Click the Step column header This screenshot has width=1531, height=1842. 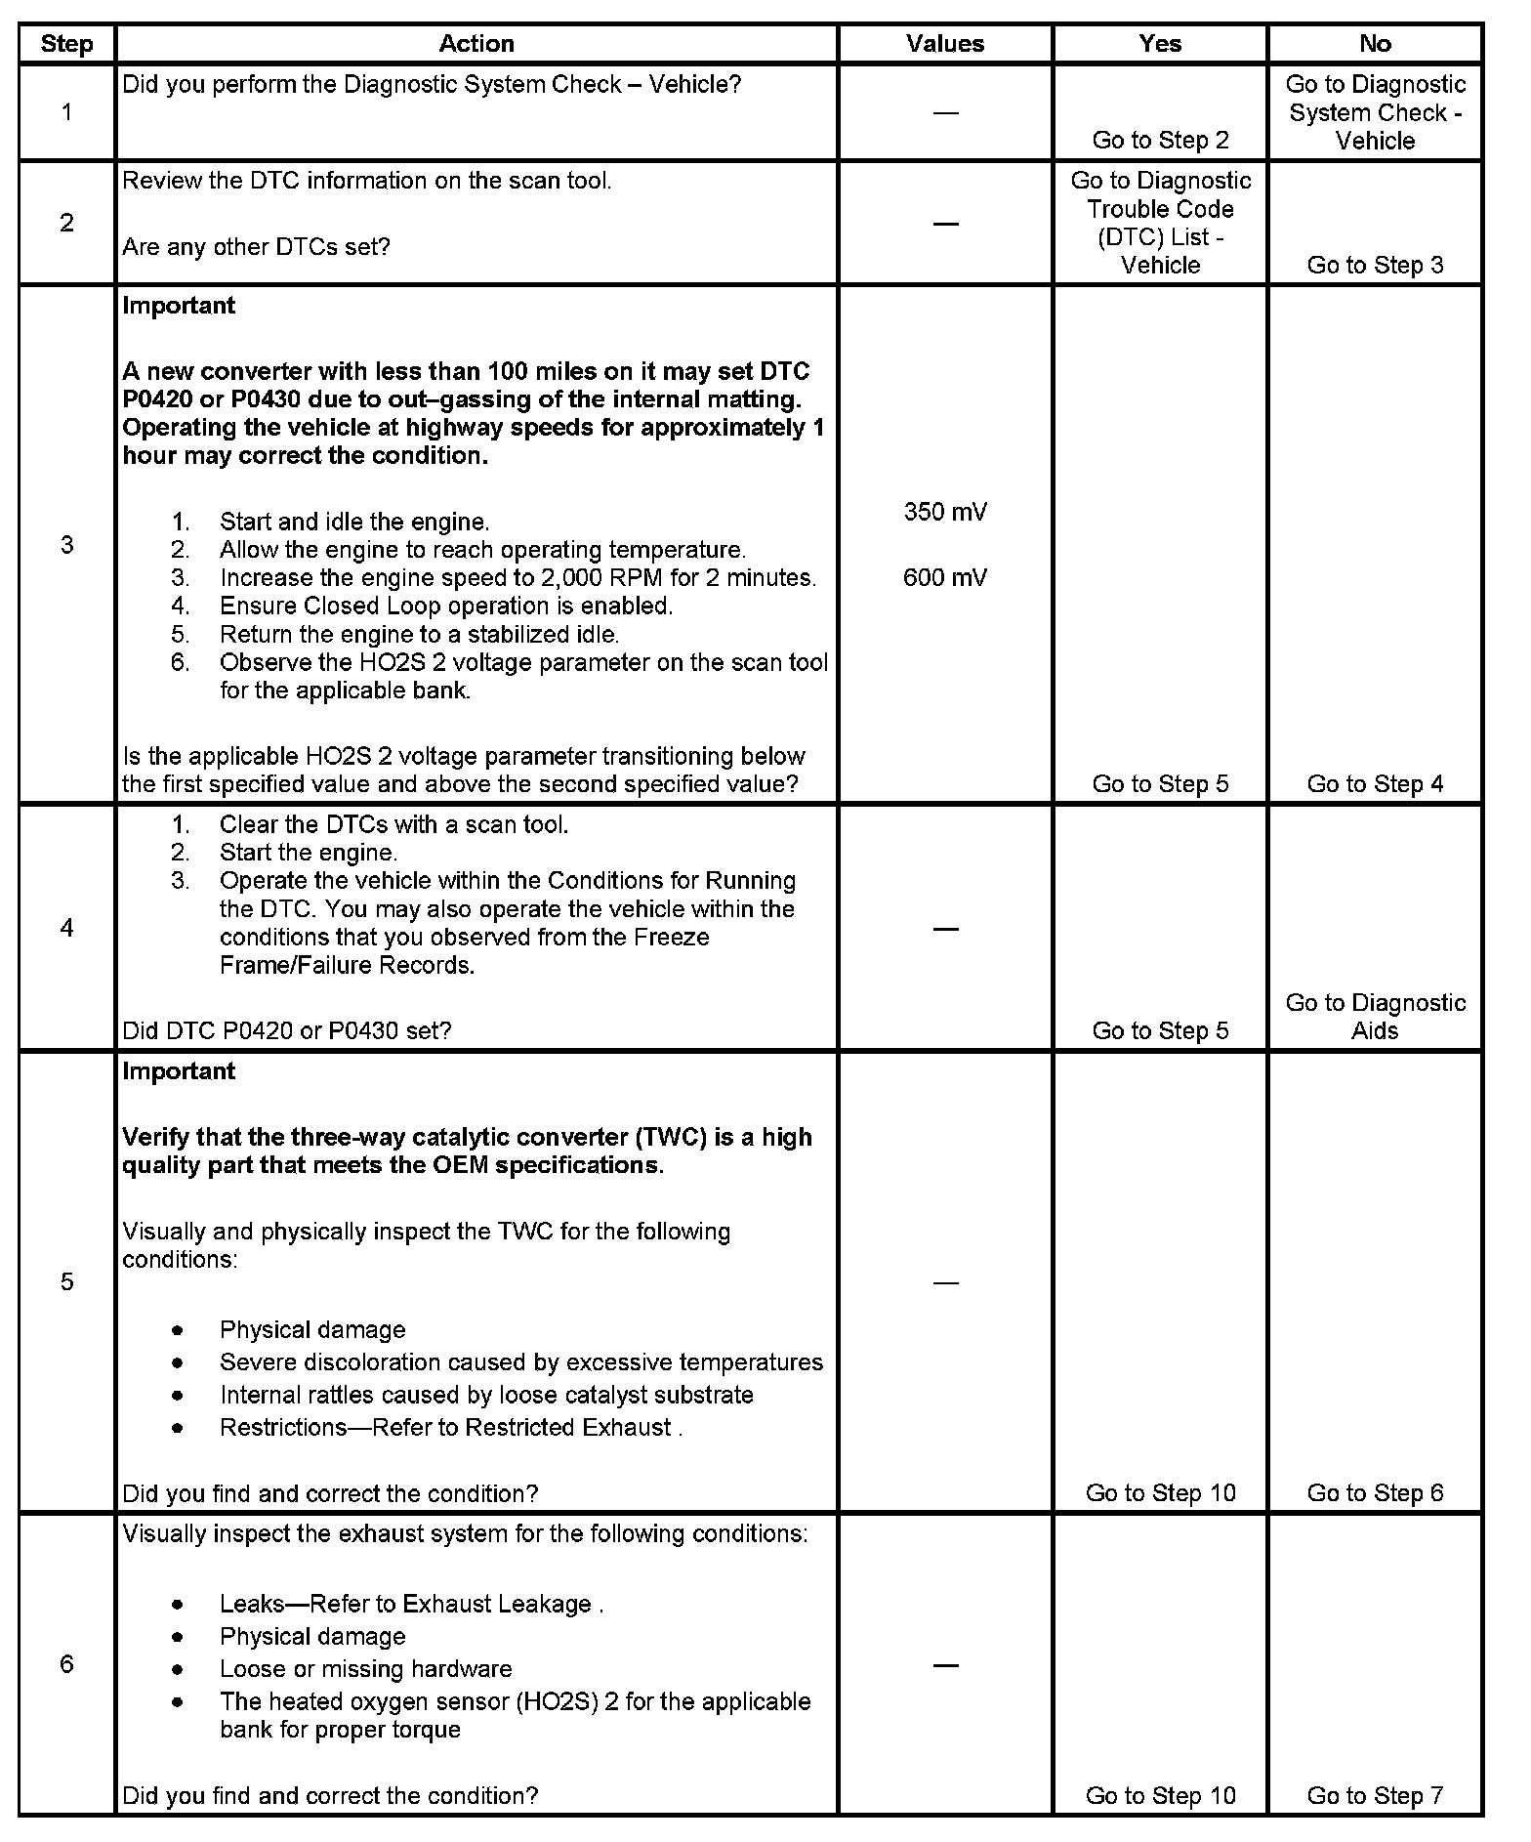pos(66,44)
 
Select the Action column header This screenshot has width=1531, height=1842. pos(476,44)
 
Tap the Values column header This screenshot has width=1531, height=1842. pos(944,44)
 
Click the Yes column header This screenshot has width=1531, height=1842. pos(1159,44)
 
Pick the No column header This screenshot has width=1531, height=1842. pos(1374,44)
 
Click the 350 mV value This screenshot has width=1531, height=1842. pos(944,512)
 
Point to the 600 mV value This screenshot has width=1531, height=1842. pos(944,578)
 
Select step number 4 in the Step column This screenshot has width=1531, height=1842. pos(66,928)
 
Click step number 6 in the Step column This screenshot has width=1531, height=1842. pos(66,1664)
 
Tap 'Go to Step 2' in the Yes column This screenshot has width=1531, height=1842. pos(1160,141)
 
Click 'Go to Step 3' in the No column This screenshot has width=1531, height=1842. pos(1375,266)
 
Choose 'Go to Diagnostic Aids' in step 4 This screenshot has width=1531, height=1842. pos(1375,1017)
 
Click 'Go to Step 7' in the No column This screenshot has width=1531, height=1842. pos(1375,1795)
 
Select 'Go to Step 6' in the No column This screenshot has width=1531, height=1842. pos(1375,1492)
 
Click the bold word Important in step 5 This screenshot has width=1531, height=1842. pos(179,1071)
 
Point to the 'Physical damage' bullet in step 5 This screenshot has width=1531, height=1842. pos(312,1330)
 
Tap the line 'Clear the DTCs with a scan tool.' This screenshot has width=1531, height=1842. pos(393,825)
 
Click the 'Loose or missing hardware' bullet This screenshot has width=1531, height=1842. pos(365,1669)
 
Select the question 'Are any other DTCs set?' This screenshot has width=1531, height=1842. pos(256,247)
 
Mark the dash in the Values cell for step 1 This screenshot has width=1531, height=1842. pos(944,113)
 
